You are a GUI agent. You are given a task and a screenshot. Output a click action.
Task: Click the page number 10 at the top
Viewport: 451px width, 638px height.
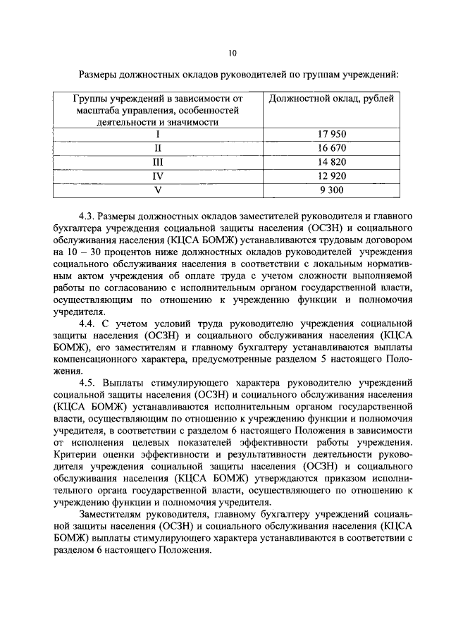pos(233,53)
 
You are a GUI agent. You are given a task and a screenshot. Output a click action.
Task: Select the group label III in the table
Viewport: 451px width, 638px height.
pos(158,161)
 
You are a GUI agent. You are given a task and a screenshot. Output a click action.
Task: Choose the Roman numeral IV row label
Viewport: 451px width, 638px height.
pos(158,176)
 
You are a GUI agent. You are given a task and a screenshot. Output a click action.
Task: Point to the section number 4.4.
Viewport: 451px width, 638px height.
pos(87,323)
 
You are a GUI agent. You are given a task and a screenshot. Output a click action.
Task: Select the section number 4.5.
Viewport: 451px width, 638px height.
pos(87,382)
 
